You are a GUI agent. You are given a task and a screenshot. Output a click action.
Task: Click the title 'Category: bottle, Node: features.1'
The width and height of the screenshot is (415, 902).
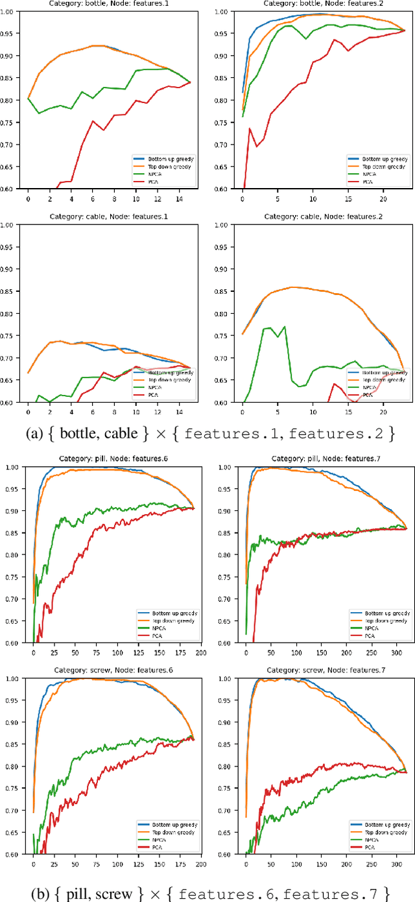(105, 3)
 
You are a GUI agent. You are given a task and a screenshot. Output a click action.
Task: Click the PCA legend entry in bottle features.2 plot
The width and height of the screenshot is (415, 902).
(367, 182)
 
